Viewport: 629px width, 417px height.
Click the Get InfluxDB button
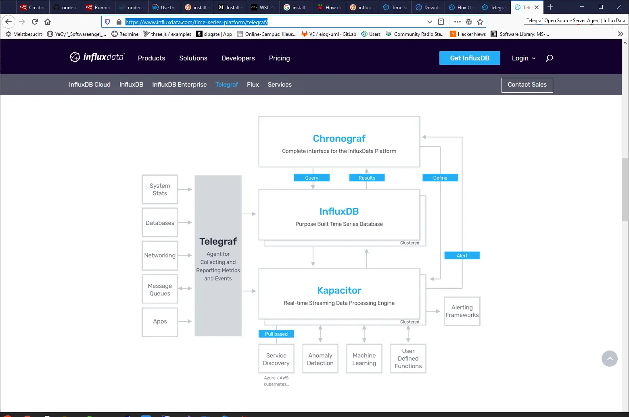(469, 58)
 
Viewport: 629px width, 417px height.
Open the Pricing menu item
(279, 58)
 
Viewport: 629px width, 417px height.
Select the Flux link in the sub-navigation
(253, 85)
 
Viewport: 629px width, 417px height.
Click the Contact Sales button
(527, 85)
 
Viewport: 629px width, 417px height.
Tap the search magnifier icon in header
(549, 58)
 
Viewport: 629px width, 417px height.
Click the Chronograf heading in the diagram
(339, 139)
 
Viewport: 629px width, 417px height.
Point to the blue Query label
(311, 178)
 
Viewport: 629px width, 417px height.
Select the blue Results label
(367, 178)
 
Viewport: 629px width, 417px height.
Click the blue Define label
(440, 178)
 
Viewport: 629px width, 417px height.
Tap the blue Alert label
(462, 255)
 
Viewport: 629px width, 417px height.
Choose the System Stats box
(160, 189)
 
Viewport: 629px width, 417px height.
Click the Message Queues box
(160, 289)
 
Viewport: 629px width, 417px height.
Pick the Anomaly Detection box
(320, 359)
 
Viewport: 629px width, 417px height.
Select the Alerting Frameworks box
(462, 311)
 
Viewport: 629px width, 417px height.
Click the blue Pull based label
(276, 334)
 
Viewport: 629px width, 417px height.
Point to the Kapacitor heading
(339, 290)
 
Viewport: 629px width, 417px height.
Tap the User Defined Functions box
(408, 359)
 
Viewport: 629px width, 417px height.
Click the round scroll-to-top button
(609, 359)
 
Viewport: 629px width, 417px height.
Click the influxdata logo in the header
(97, 57)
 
